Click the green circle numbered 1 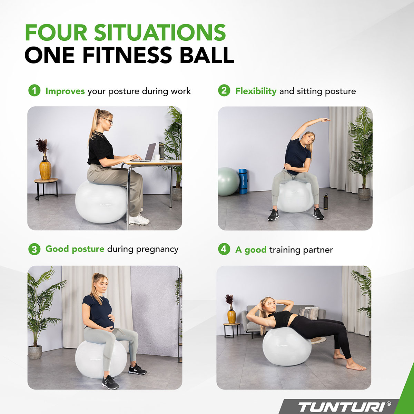[34, 91]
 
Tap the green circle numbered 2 [224, 91]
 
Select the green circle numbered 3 [34, 249]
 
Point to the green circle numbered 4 [224, 249]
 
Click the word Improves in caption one [65, 91]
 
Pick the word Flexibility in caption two [256, 91]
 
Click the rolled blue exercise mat [243, 181]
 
